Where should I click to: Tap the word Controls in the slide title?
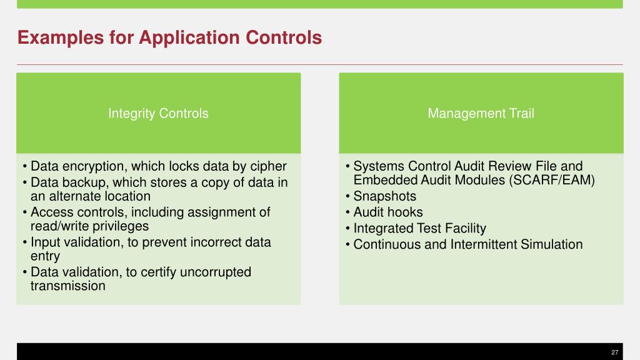[284, 38]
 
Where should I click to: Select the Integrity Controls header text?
[158, 113]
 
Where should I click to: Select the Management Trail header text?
[481, 113]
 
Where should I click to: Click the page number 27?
[614, 352]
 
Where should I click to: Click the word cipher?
[268, 167]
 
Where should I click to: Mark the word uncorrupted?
[212, 272]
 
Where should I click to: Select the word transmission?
[68, 286]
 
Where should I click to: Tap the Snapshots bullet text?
[384, 196]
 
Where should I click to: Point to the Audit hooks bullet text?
[388, 212]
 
